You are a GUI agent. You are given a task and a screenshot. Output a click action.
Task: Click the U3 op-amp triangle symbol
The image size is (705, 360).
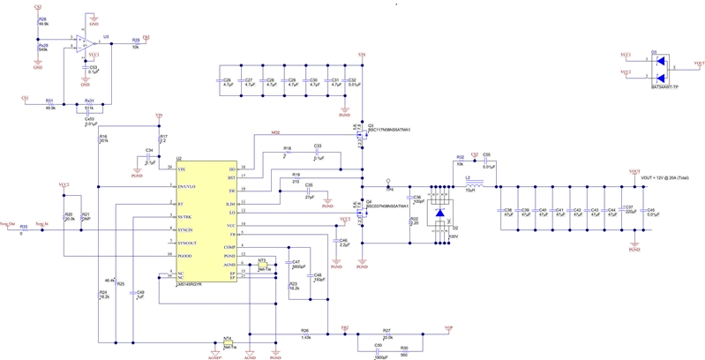85,42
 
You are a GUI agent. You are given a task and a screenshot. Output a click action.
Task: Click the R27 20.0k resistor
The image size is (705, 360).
386,334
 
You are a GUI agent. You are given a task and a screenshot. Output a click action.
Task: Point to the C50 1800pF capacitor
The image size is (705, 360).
378,351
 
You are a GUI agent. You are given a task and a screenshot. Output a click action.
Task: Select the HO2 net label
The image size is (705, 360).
274,134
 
